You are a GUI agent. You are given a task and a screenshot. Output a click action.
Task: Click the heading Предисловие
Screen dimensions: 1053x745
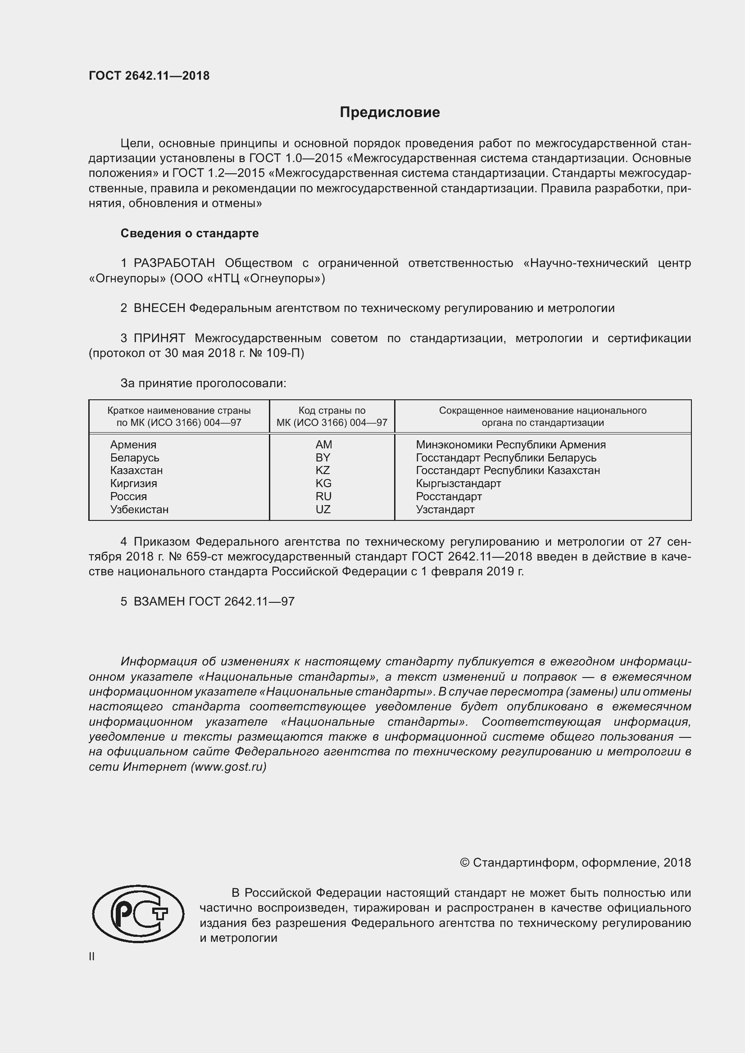point(390,113)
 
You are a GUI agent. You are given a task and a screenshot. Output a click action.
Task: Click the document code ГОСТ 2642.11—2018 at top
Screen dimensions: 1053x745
point(149,76)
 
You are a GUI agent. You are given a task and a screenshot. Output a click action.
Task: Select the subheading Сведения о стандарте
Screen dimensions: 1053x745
point(190,234)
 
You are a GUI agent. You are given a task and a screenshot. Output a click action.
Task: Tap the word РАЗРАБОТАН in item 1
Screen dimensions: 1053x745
point(174,263)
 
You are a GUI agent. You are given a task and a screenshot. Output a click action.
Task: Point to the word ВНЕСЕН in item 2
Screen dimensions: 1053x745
point(159,308)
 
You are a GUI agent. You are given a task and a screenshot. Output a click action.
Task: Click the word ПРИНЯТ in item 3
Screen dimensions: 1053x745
point(159,339)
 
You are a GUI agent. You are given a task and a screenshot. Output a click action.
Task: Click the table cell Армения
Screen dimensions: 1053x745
point(133,444)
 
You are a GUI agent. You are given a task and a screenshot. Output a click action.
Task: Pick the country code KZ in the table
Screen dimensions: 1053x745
point(323,470)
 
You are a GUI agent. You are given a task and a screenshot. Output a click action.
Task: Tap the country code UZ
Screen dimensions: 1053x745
point(323,509)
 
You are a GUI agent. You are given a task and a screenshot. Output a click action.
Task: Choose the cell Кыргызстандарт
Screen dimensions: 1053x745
point(458,484)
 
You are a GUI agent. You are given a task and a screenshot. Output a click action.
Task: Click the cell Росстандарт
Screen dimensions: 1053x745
point(449,496)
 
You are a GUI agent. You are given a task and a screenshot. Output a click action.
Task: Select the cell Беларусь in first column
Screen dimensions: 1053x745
point(134,457)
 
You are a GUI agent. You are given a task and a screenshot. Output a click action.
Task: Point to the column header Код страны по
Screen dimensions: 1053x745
point(332,411)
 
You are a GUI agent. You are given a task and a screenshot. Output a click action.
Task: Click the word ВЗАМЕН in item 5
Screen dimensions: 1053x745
point(159,601)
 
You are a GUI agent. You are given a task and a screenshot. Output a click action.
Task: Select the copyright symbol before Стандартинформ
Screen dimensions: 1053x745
point(464,863)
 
